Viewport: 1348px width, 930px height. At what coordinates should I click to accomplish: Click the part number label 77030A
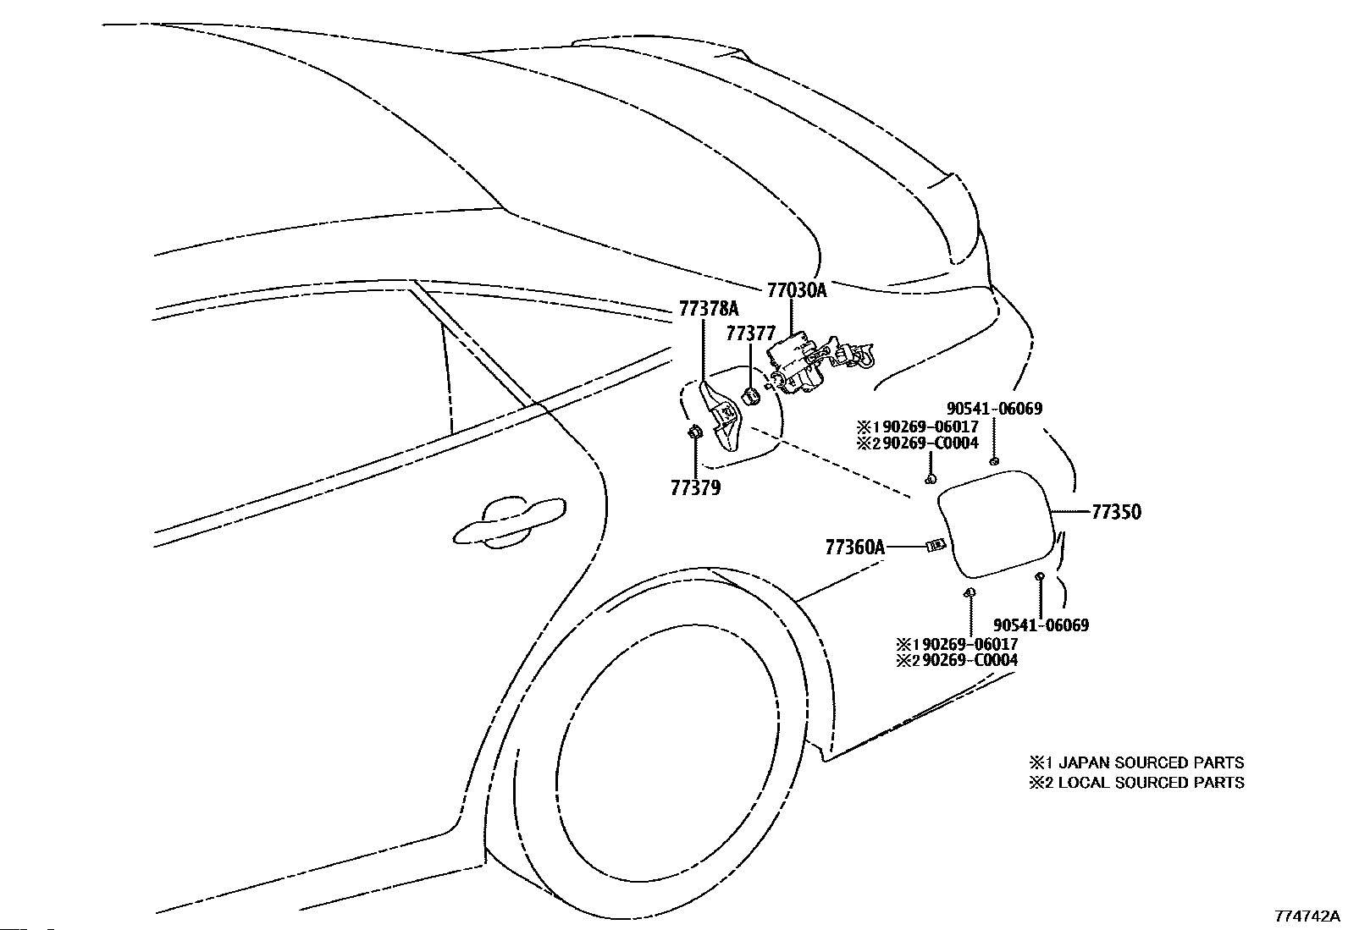(x=797, y=290)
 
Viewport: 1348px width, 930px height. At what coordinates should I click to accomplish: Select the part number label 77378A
(x=709, y=309)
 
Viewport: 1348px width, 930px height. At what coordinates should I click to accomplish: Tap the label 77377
(x=750, y=333)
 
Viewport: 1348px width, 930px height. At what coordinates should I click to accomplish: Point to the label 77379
(x=696, y=488)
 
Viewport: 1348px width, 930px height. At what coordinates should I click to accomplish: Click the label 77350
(x=1116, y=512)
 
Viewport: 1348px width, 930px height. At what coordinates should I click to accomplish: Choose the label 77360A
(x=855, y=548)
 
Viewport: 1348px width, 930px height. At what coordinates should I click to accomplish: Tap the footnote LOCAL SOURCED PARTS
(x=1152, y=783)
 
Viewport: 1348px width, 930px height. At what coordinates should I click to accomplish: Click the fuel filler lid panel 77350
(x=997, y=524)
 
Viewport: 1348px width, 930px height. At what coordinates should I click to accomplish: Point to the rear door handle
(x=509, y=522)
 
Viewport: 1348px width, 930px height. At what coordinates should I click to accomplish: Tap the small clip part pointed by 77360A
(x=935, y=545)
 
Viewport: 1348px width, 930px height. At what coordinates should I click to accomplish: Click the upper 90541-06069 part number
(x=994, y=409)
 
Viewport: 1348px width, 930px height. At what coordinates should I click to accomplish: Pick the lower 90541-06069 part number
(x=1041, y=625)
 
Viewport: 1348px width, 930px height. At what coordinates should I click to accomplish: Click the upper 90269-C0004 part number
(x=931, y=443)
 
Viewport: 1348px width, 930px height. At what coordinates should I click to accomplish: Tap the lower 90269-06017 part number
(x=970, y=644)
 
